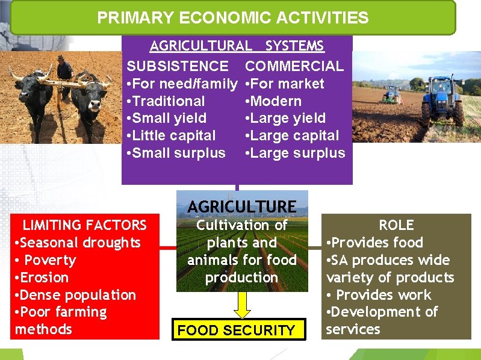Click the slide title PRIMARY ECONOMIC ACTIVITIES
tap(232, 17)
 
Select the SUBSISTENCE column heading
tap(178, 66)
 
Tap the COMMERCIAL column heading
tap(294, 66)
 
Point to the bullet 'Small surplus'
tap(176, 153)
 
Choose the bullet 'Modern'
tap(274, 101)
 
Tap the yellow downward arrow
tap(241, 303)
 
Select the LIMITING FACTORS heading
tap(84, 225)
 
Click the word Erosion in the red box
tap(44, 278)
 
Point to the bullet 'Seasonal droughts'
tap(78, 243)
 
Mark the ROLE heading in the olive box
tap(396, 225)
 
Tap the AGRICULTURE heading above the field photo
tap(241, 206)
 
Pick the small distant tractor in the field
tap(392, 94)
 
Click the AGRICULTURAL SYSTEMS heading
tap(237, 46)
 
